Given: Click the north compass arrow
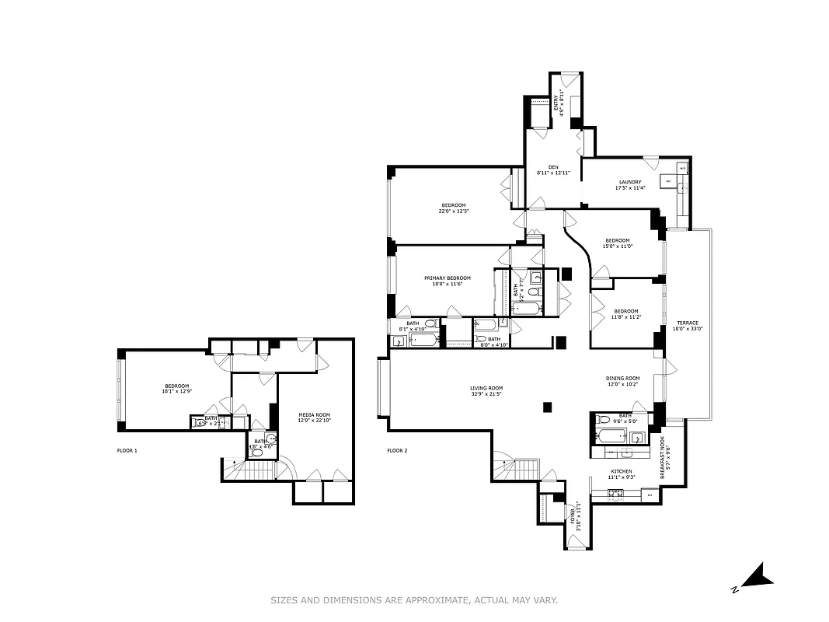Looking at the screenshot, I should click(x=755, y=577).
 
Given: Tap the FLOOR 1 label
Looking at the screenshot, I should click(x=127, y=450).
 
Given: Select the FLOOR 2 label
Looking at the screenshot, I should click(x=397, y=450).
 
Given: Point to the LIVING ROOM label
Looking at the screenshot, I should click(x=486, y=388).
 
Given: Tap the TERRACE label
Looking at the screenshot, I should click(x=687, y=323).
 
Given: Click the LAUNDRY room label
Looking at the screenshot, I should click(x=629, y=182).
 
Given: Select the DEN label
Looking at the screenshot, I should click(x=553, y=166).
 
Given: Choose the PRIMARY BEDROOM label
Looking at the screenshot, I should click(x=447, y=278).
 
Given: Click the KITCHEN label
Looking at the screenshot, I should click(x=621, y=471).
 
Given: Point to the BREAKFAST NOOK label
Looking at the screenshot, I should click(x=662, y=452).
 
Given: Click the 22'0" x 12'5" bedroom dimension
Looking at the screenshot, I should click(x=454, y=211).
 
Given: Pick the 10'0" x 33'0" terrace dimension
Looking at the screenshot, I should click(x=687, y=329).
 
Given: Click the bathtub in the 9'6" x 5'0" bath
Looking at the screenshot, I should click(x=611, y=435).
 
